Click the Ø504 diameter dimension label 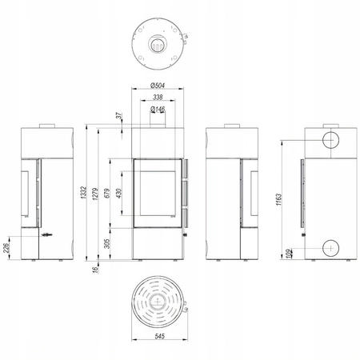pos(158,86)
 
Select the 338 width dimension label pos(158,97)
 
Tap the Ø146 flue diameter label pos(158,109)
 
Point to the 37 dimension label pos(119,115)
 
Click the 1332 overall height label pos(83,192)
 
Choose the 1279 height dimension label pos(95,194)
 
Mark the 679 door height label pos(107,194)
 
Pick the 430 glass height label pos(119,194)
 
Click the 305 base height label pos(107,243)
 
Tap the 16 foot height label pos(95,270)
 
